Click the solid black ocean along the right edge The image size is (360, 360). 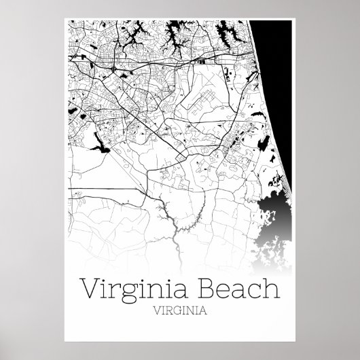pyautogui.click(x=278, y=82)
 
